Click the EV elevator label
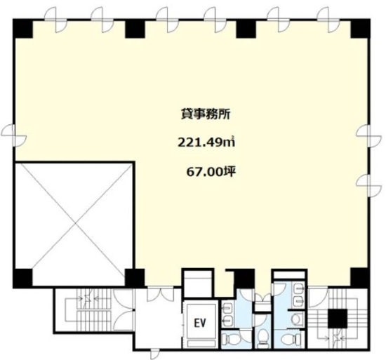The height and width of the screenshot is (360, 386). point(200,324)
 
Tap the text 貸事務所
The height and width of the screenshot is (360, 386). point(206,114)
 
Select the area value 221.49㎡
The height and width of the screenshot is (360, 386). point(206,142)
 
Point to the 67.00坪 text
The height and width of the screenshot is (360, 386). point(211,171)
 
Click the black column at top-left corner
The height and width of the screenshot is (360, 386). point(23,29)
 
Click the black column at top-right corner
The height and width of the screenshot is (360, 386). point(361,29)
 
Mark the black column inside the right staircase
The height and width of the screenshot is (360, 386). point(338,318)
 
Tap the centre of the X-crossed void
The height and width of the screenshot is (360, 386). point(74,224)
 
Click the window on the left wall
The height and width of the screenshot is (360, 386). point(13,135)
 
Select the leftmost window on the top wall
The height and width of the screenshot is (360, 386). point(55,20)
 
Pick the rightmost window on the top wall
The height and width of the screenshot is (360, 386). point(329,20)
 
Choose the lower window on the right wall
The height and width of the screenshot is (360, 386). point(368,186)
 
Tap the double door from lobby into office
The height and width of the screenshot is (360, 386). point(161,294)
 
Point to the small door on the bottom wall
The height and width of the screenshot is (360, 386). point(155,354)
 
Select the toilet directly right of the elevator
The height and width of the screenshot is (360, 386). point(231,340)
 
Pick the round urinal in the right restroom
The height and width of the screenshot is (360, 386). point(296,319)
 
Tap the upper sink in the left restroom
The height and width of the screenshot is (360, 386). point(228,307)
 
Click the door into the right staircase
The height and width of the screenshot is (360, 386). point(318,298)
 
